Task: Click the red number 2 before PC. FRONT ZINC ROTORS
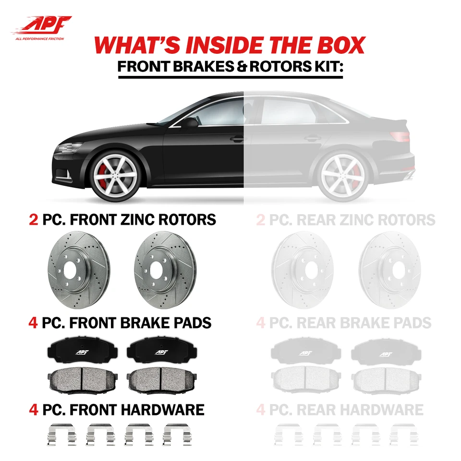tap(34, 220)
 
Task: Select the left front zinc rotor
tap(77, 267)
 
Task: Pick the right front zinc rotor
tap(163, 267)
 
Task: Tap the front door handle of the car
tap(236, 139)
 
